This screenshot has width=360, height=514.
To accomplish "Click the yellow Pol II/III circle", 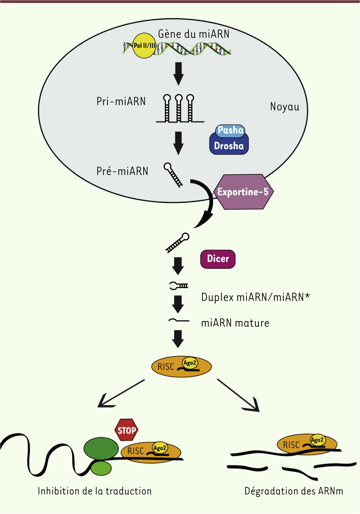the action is click(144, 45).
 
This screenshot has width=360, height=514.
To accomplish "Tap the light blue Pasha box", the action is click(230, 130).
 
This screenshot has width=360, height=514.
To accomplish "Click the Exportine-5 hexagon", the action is click(243, 192).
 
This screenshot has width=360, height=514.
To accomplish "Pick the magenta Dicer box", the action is click(218, 259).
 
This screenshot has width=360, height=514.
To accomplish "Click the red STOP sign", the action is click(126, 430).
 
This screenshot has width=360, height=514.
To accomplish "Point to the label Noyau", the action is click(285, 107).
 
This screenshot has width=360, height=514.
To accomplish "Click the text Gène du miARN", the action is click(193, 34).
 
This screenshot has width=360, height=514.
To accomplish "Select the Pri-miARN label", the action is click(121, 101).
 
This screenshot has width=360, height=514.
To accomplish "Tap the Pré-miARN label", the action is click(122, 171).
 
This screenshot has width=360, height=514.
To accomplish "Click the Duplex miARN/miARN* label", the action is click(256, 297).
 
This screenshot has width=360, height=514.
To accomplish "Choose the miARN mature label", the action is click(235, 323).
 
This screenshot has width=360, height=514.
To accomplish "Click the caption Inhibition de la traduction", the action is click(95, 491).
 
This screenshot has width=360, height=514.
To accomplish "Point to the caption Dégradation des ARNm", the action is click(294, 491).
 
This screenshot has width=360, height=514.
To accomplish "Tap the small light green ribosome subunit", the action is click(101, 468).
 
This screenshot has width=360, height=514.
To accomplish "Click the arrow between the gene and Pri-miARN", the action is click(178, 74).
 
